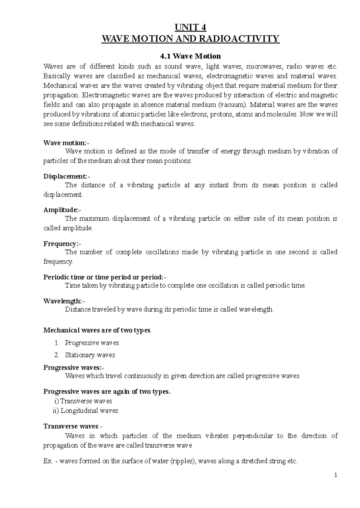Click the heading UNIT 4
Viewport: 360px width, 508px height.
(191, 28)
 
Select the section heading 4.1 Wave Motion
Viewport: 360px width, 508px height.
(191, 56)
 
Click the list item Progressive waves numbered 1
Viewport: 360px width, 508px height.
(92, 343)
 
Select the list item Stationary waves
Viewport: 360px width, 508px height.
(90, 355)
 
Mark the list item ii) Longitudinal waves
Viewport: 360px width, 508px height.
(85, 411)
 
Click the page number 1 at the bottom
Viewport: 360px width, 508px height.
(336, 475)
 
